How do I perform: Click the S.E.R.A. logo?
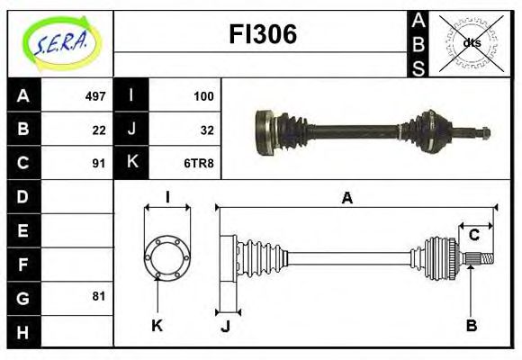click(61, 42)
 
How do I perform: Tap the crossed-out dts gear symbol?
click(470, 42)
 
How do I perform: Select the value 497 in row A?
click(95, 95)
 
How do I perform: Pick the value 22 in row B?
click(99, 130)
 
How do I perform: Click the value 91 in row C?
click(99, 164)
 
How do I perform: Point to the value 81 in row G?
click(99, 296)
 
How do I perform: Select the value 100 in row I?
click(203, 95)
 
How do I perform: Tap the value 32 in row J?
click(207, 130)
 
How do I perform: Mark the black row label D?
click(22, 196)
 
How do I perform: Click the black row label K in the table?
click(131, 164)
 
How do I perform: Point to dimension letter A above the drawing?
click(346, 199)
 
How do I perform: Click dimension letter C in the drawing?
click(473, 236)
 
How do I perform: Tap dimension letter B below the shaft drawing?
click(471, 325)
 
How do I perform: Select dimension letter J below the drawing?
click(226, 326)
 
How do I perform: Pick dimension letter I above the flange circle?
click(167, 197)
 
